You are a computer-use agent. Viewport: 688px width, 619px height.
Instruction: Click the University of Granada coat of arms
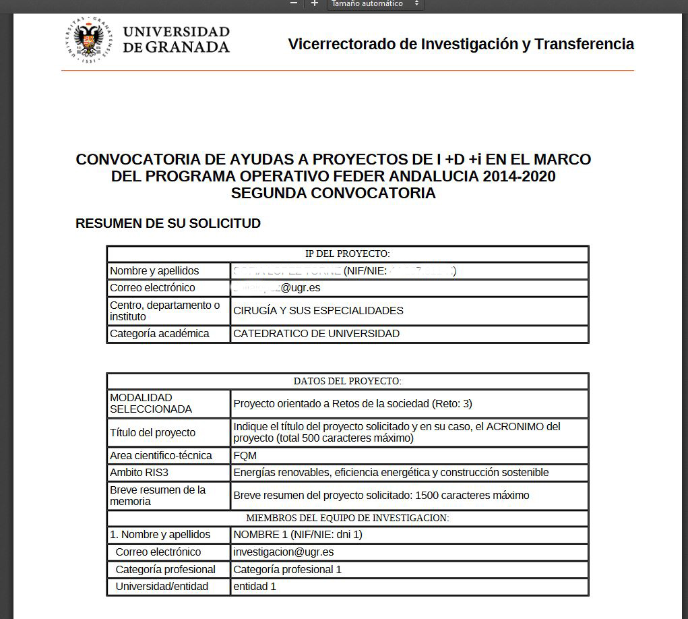pos(89,40)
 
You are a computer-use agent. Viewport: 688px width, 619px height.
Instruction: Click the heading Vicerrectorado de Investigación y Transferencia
pos(461,45)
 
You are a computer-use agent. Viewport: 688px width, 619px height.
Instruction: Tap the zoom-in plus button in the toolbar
pos(314,3)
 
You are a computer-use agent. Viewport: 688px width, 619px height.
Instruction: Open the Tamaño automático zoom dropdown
pos(375,4)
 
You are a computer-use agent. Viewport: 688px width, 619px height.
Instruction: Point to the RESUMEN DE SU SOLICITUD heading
pos(168,224)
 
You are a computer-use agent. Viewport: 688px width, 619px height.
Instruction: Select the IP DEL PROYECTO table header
pos(347,254)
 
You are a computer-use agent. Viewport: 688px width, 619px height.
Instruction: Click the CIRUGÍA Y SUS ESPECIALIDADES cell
pos(318,311)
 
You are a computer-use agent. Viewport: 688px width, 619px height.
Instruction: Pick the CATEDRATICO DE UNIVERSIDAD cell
pos(316,334)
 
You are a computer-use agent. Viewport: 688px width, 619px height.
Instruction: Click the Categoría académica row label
pos(160,334)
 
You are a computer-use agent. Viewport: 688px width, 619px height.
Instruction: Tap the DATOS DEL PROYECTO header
pos(347,382)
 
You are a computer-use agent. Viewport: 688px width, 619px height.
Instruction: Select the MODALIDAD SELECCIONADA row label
pos(151,403)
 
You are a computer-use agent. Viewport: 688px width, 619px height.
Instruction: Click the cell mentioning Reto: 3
pos(352,404)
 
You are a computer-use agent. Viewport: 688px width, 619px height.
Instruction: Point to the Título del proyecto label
pos(153,433)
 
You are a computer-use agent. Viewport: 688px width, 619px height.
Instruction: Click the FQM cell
pos(245,456)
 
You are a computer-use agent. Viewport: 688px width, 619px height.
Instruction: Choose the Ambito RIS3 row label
pos(144,473)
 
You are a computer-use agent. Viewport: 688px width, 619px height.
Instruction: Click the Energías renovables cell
pos(391,473)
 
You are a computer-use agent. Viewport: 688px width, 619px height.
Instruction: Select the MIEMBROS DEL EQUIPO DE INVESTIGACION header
pos(347,518)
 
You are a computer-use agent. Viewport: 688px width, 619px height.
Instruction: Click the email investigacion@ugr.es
pos(284,552)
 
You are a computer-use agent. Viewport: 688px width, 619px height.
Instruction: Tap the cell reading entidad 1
pos(255,587)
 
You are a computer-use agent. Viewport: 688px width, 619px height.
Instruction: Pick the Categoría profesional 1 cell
pos(287,570)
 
